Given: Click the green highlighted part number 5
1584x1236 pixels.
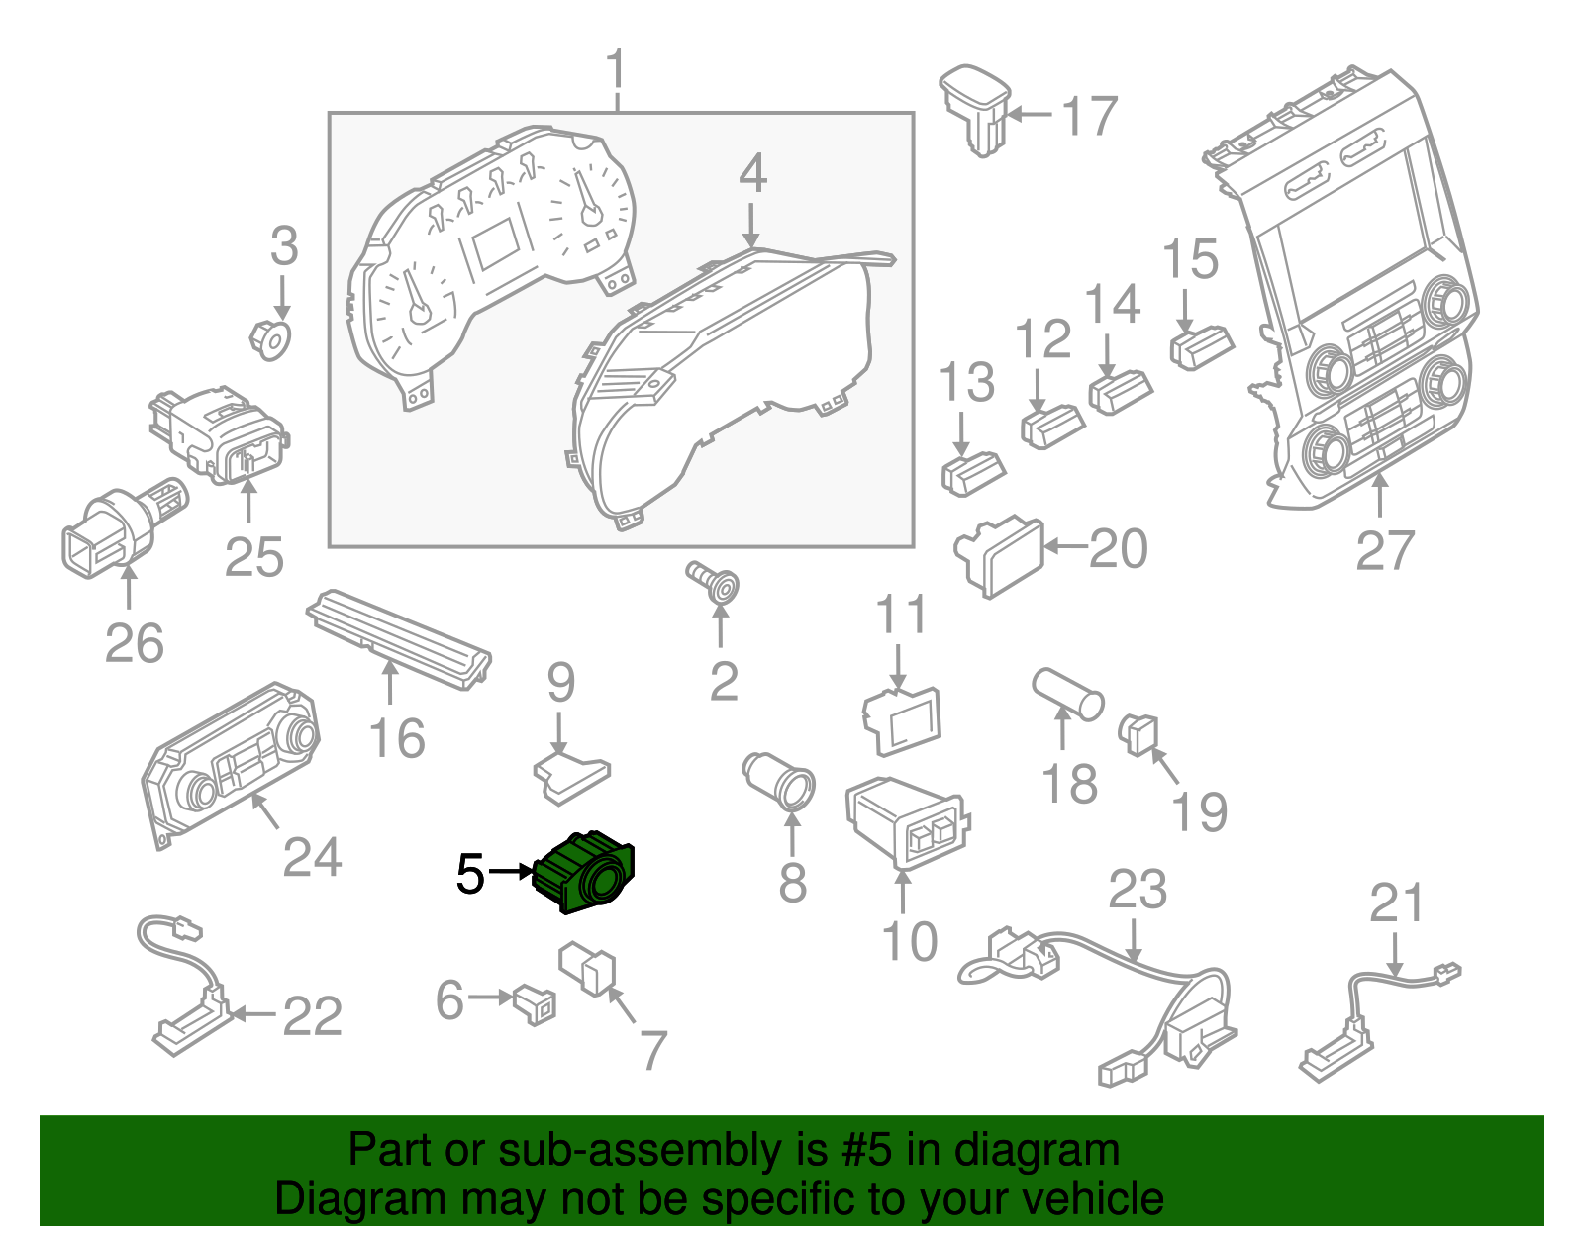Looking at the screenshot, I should click(x=584, y=872).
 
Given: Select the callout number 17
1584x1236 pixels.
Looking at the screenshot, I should click(x=1089, y=116).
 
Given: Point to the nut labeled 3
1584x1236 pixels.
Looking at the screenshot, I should click(x=269, y=338).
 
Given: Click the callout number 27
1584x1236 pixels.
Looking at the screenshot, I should click(x=1384, y=550).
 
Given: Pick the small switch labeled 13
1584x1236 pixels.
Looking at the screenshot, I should click(x=972, y=471).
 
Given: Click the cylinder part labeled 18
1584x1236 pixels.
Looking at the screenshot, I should click(x=1067, y=694).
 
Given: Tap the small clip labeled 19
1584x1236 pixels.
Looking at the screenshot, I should click(x=1138, y=733).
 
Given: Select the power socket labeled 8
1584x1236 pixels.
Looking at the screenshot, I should click(x=780, y=779).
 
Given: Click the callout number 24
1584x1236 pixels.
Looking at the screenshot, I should click(x=312, y=857).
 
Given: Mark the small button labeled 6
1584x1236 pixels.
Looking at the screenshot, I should click(x=535, y=1003).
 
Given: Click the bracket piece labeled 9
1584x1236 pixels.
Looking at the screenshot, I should click(x=571, y=775).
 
